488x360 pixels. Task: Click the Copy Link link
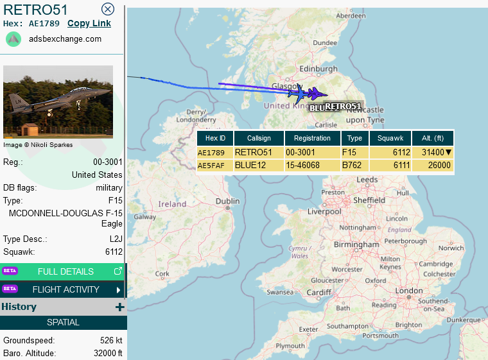tap(89, 24)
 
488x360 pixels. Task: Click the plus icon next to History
tap(119, 307)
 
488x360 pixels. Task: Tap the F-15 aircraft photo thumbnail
tap(58, 101)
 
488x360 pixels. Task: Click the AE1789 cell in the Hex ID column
tap(212, 153)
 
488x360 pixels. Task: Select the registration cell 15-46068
tap(312, 166)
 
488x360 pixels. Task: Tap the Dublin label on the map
tap(228, 201)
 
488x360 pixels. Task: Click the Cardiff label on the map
tap(318, 293)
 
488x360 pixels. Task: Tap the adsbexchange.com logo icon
tap(13, 39)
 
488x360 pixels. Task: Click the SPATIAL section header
tap(63, 322)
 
